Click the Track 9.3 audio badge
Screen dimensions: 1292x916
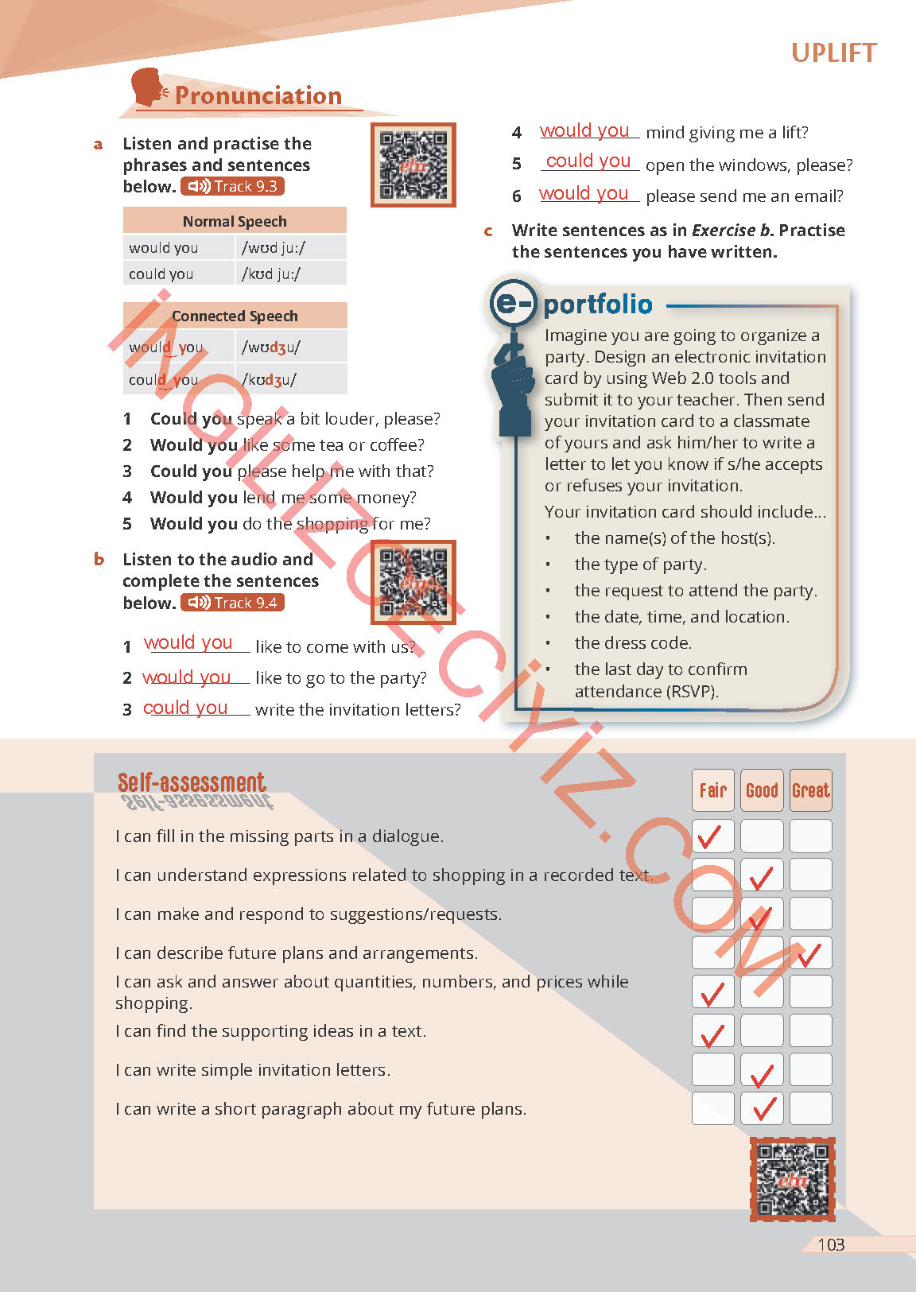232,187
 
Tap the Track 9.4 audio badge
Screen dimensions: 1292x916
232,603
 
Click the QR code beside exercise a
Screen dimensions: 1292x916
413,165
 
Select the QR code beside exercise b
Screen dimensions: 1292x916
413,582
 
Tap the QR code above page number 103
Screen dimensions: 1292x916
792,1179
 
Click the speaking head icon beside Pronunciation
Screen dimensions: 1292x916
148,88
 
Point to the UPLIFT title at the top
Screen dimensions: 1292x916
833,53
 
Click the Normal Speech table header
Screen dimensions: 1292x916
235,221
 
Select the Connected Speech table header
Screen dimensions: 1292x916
235,316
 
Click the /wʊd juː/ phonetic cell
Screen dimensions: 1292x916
290,248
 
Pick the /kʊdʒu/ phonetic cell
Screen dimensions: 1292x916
290,379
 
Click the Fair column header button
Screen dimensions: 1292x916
712,790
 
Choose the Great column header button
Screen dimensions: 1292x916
810,790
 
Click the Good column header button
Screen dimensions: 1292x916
762,790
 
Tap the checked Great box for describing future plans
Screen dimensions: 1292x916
810,953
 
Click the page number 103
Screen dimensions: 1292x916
831,1245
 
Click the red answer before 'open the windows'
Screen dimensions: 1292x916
588,161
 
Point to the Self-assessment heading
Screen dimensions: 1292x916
192,783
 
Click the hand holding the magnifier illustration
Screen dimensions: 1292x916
512,382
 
